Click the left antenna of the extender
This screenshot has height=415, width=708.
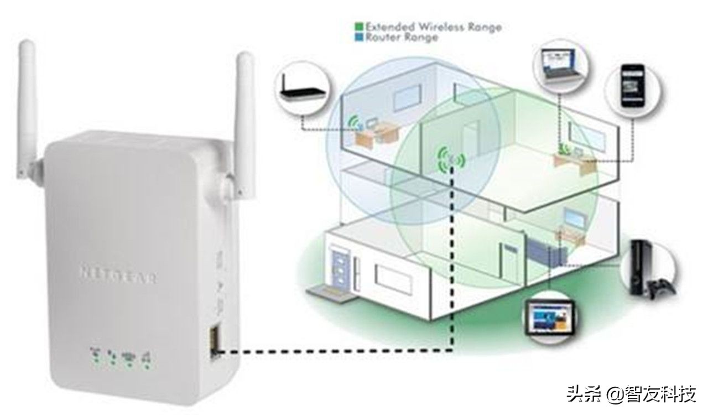tap(27, 94)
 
